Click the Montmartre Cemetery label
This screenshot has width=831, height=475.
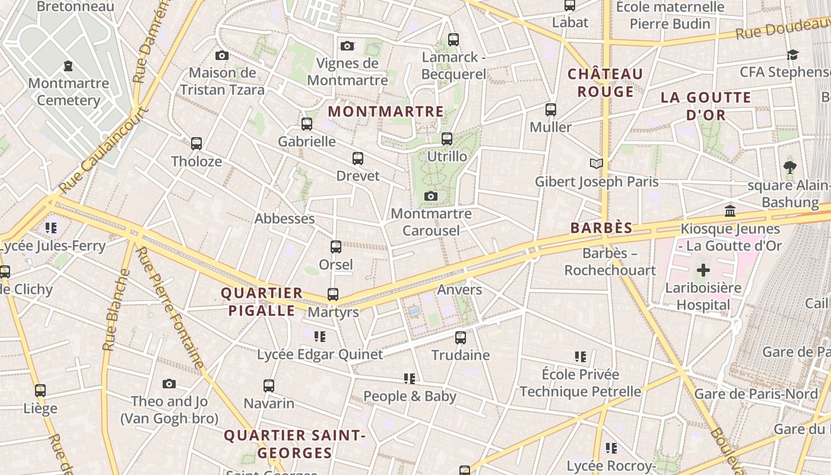tap(68, 91)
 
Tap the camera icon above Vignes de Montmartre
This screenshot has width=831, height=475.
tap(347, 46)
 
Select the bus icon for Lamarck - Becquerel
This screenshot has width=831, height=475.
tap(453, 40)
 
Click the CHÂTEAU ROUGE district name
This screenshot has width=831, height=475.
tap(605, 83)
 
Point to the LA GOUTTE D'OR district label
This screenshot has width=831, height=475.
tap(706, 106)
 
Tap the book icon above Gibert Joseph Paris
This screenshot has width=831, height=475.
tap(597, 163)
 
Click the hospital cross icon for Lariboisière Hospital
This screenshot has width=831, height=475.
tap(703, 271)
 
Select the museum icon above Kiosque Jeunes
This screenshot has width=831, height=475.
tap(730, 211)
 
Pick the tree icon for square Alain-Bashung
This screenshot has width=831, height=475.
tap(789, 167)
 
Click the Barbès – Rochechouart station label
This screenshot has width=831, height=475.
tap(610, 262)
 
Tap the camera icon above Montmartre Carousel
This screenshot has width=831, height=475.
tap(431, 196)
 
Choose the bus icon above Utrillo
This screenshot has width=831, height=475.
tap(447, 139)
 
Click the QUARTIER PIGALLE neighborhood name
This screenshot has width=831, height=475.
tap(262, 302)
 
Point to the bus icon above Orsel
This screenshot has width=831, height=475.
tap(336, 246)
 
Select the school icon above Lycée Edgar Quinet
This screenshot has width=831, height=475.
tap(320, 337)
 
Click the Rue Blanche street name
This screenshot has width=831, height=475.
tap(116, 310)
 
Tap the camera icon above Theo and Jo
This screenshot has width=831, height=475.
tap(169, 384)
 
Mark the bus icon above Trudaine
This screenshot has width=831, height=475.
tap(461, 338)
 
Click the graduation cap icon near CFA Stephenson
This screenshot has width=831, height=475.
tap(792, 55)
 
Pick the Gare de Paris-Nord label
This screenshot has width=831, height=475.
tap(756, 394)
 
